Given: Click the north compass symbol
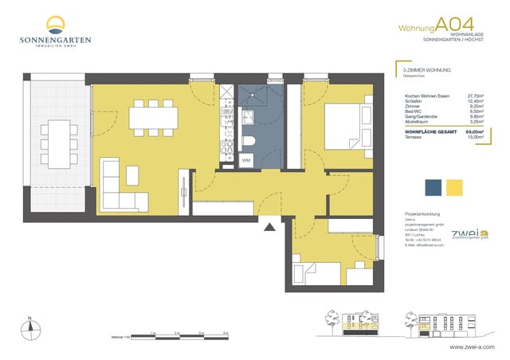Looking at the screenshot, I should click(29, 327).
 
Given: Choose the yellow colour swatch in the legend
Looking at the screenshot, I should click(455, 187).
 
